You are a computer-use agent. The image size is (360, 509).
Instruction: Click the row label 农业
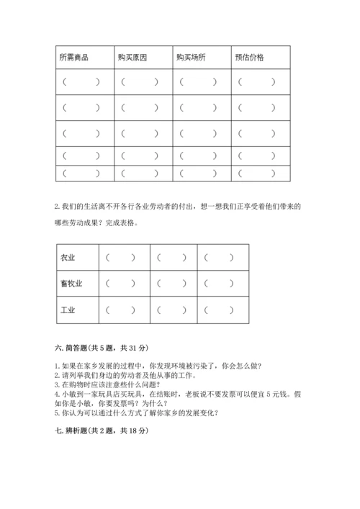[x=68, y=257]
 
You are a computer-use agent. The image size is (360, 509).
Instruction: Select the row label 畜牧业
[x=71, y=284]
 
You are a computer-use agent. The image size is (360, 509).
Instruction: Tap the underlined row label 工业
[x=68, y=310]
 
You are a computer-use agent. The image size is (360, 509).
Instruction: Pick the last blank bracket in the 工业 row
[x=219, y=310]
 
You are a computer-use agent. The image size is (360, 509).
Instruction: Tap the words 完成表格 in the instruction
[x=119, y=221]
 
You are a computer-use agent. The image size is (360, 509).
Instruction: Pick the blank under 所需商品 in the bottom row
[x=81, y=173]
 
